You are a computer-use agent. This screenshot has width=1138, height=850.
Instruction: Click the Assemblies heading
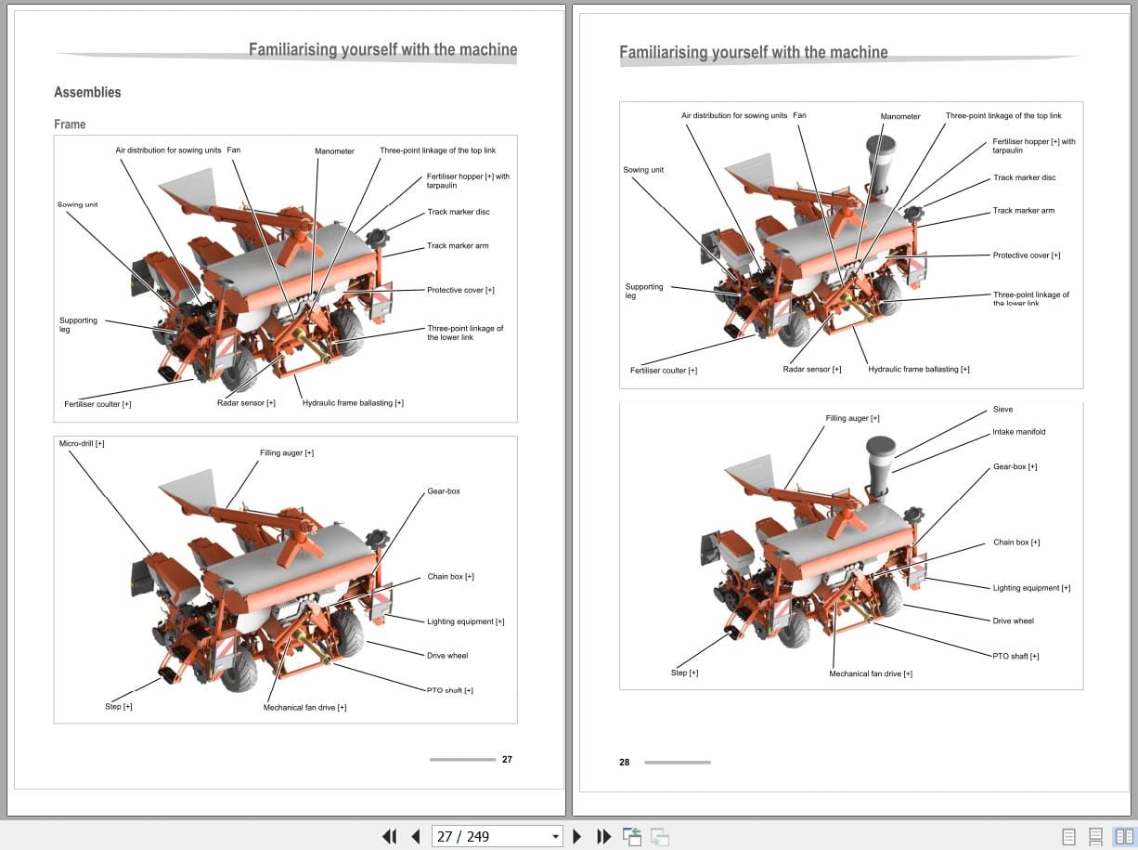click(87, 92)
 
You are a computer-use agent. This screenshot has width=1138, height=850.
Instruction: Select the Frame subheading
click(70, 124)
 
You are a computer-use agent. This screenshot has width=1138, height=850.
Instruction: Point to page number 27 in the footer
click(507, 759)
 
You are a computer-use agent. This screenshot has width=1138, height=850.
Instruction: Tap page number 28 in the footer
click(624, 762)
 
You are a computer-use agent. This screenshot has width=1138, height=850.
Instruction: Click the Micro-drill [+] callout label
click(82, 444)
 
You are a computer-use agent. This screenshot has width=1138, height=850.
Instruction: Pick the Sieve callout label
click(1002, 410)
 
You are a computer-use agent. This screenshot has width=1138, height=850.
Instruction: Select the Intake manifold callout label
click(1018, 432)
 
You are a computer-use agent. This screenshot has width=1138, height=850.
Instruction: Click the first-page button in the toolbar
click(390, 836)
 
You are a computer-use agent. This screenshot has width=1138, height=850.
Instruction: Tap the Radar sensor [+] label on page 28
click(811, 370)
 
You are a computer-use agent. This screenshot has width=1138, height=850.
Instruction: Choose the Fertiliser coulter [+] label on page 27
click(97, 404)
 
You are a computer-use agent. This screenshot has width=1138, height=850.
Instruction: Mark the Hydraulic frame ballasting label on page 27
click(353, 403)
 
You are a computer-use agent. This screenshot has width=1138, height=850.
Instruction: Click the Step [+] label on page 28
click(684, 673)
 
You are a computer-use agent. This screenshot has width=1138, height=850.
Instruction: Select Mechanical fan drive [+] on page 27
click(304, 708)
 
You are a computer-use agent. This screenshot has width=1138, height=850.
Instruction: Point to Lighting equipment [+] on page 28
click(1031, 588)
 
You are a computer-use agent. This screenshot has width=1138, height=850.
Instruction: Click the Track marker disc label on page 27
click(458, 212)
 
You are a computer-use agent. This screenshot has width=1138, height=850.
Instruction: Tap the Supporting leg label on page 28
click(643, 291)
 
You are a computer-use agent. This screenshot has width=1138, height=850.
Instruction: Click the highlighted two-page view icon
click(1124, 836)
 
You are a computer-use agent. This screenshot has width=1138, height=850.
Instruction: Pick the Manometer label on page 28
click(899, 116)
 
